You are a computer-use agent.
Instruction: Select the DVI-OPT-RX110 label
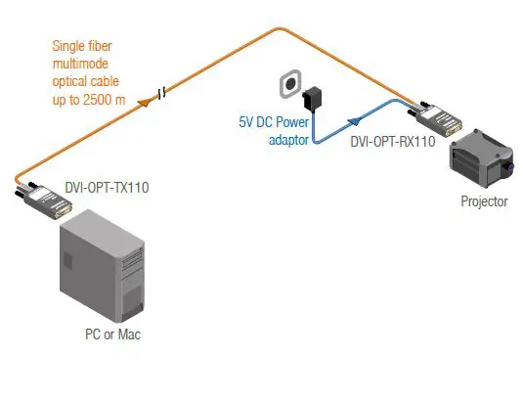(392, 142)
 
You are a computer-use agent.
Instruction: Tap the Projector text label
(484, 202)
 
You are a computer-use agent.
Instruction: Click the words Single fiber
(87, 45)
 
